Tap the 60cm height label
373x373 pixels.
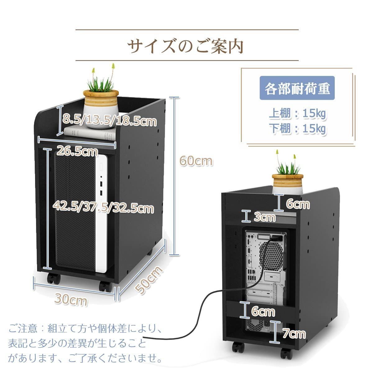tap(196, 161)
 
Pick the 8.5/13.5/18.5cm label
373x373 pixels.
tap(109, 121)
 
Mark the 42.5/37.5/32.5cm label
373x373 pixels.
tap(104, 208)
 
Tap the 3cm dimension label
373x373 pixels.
tap(265, 217)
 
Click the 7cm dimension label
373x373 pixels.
tap(294, 333)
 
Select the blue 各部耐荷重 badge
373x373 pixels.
tap(297, 88)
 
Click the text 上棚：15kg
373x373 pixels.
tap(297, 114)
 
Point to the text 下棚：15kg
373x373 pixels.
tap(297, 129)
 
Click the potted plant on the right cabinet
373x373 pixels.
tap(288, 174)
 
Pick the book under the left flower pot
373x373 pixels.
tap(90, 132)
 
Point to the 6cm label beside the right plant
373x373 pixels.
tap(298, 204)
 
